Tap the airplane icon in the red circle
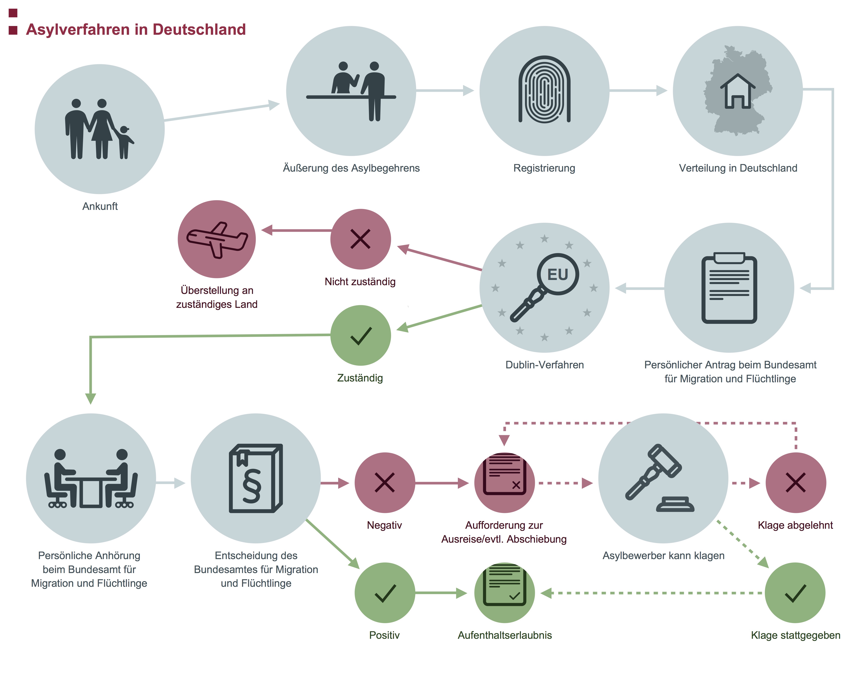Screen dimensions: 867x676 tap(217, 240)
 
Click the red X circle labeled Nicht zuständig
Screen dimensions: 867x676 tap(360, 239)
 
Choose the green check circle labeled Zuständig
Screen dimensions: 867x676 tap(360, 335)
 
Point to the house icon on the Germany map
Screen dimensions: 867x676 tap(738, 91)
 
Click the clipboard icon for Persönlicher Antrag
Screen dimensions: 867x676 tap(729, 288)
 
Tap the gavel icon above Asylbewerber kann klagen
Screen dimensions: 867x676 tap(659, 478)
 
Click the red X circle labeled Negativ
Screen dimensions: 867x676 tap(385, 483)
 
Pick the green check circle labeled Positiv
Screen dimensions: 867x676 tap(385, 593)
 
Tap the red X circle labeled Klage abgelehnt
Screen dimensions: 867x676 tap(796, 483)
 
